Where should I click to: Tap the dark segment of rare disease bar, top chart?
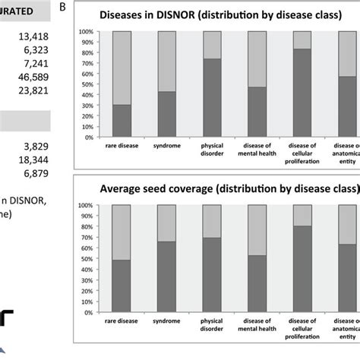pyautogui.click(x=122, y=121)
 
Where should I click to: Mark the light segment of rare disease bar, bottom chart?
pyautogui.click(x=122, y=232)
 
